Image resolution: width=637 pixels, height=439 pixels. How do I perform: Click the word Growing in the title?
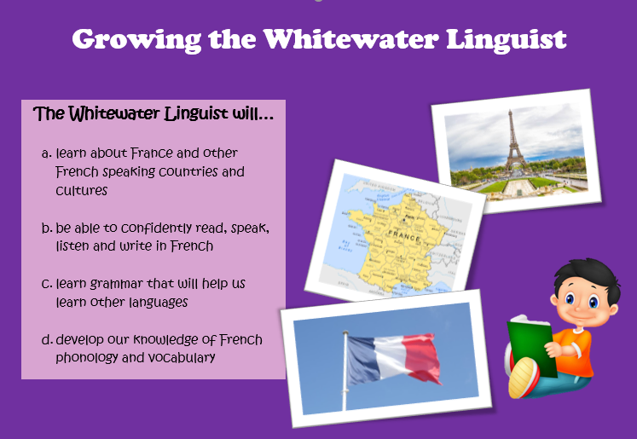click(x=136, y=41)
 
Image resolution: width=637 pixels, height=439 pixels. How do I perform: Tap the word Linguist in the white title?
click(x=507, y=41)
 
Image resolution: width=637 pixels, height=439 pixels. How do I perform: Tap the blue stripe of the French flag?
click(x=362, y=360)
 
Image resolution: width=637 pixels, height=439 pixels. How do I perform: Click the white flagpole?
click(x=345, y=370)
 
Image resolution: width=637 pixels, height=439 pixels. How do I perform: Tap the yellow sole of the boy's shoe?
click(x=521, y=378)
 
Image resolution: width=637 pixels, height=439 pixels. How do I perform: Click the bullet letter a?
click(x=47, y=154)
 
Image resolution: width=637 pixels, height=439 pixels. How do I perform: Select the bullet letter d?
click(x=47, y=339)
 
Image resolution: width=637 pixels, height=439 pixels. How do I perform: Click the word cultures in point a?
click(x=81, y=190)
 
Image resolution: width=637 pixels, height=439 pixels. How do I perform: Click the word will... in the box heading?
click(x=252, y=113)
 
